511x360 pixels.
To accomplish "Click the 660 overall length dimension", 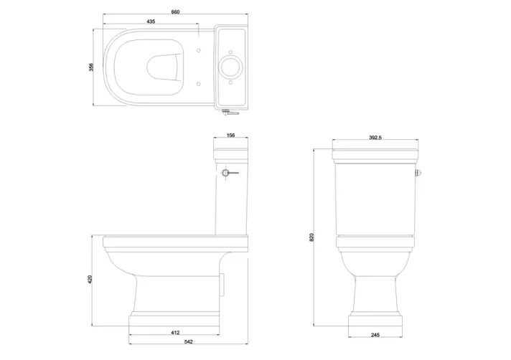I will pyautogui.click(x=175, y=11).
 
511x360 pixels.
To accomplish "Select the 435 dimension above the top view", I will pyautogui.click(x=151, y=22).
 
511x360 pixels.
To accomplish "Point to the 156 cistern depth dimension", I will pyautogui.click(x=230, y=135).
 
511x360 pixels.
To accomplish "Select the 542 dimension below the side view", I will pyautogui.click(x=174, y=342).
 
